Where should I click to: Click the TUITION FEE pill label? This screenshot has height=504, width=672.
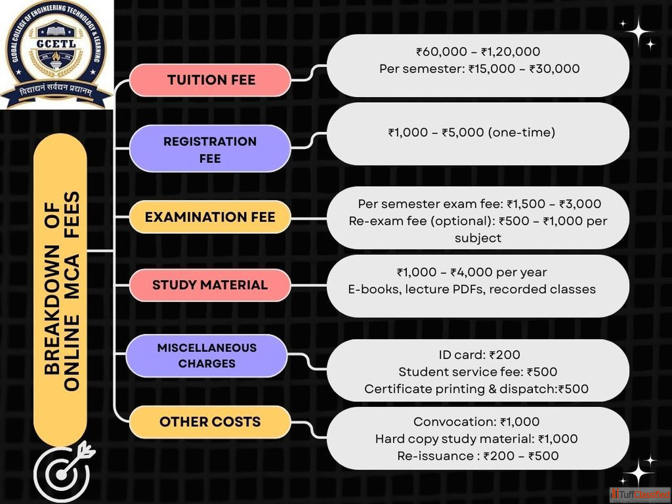click(211, 80)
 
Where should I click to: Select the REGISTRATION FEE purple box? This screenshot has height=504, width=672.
click(210, 149)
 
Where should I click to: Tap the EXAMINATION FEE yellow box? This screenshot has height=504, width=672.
click(210, 217)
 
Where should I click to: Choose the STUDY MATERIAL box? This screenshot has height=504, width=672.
click(210, 285)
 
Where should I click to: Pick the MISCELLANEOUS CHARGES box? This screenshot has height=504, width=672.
click(207, 355)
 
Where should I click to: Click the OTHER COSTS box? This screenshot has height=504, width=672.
click(210, 422)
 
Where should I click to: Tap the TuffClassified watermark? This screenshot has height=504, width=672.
click(640, 495)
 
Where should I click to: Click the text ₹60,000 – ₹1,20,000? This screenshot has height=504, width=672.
click(478, 51)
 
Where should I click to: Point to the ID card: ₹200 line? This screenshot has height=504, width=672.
click(479, 355)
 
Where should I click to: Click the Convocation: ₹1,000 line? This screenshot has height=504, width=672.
click(476, 422)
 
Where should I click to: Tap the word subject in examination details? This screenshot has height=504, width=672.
click(478, 238)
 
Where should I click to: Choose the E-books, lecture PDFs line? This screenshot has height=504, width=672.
click(471, 289)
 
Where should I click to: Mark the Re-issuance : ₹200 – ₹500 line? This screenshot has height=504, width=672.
click(478, 456)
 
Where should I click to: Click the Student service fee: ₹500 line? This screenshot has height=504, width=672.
click(478, 372)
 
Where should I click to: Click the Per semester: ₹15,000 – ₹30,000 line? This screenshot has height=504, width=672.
click(479, 69)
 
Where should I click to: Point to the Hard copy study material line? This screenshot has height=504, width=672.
click(476, 439)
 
